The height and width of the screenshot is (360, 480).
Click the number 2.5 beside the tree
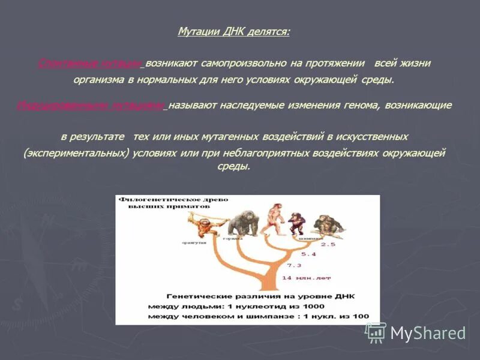coord(328,245)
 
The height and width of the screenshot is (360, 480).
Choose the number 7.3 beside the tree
coord(294,265)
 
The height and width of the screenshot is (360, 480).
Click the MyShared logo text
coord(428,333)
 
